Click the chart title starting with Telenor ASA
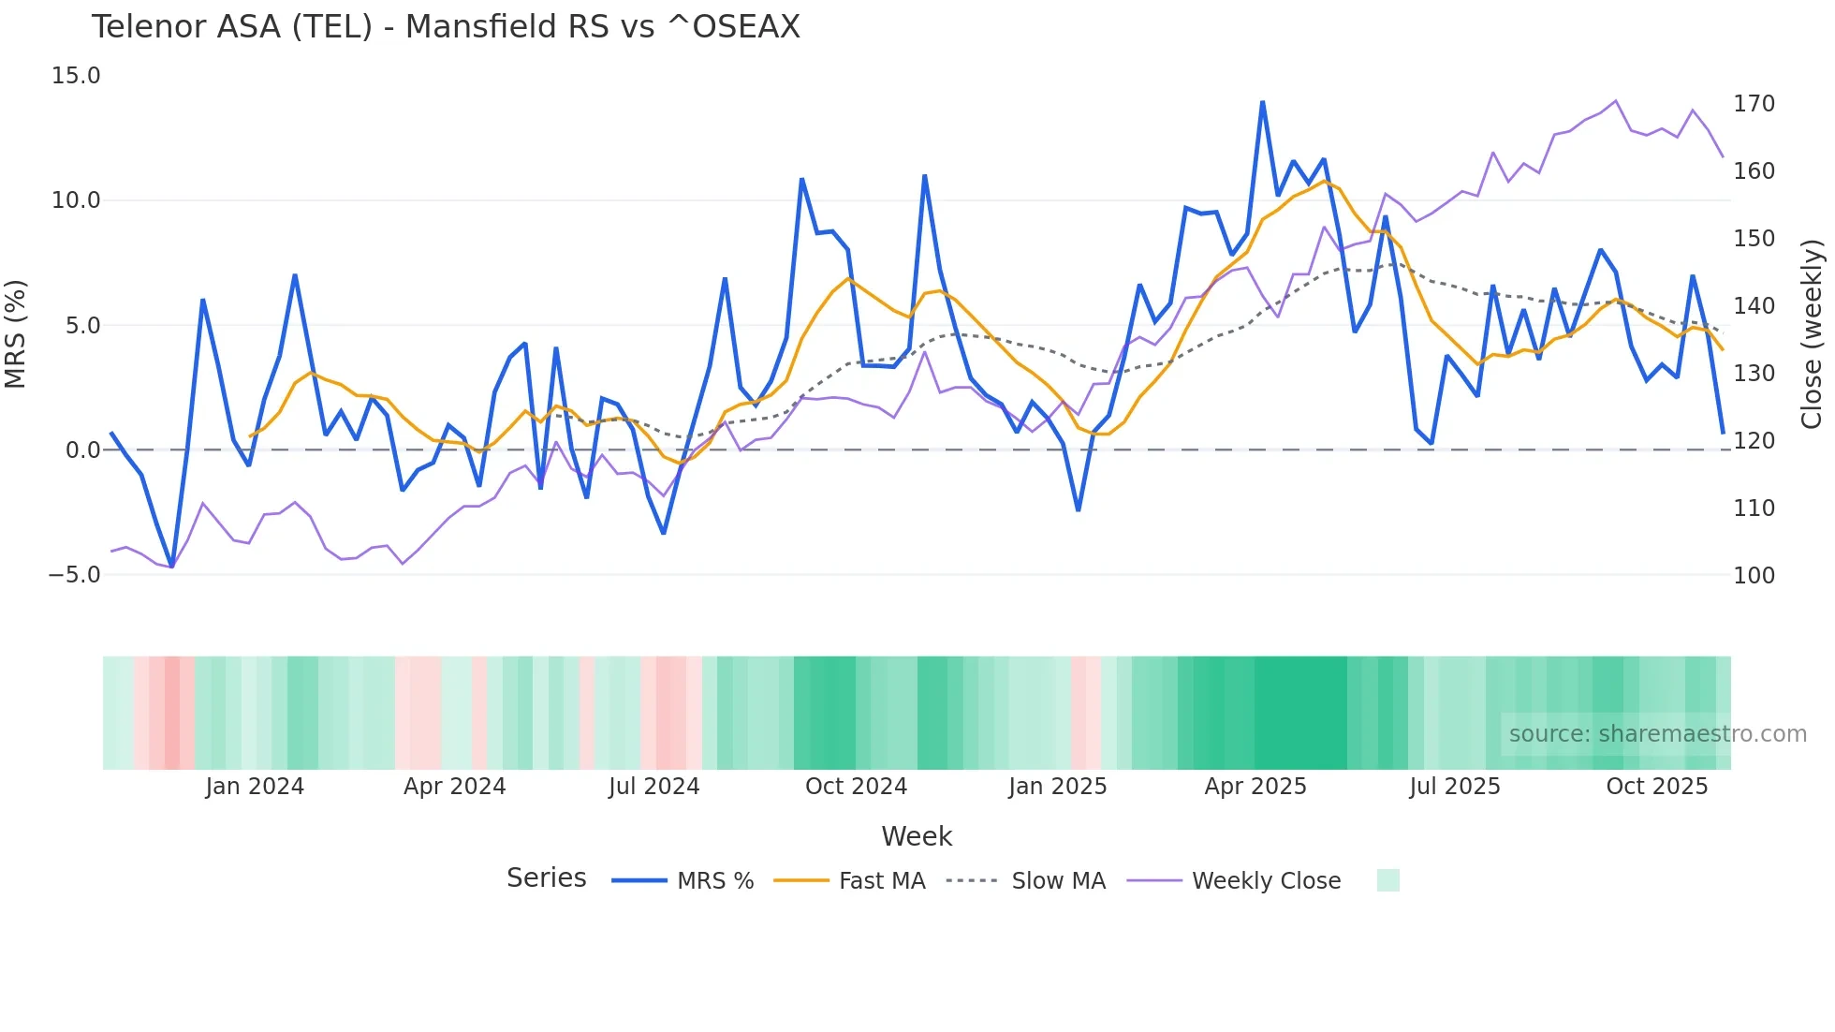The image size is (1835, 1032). [x=446, y=27]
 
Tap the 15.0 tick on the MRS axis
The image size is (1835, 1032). [x=76, y=76]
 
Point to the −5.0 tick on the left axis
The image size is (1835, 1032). [x=74, y=575]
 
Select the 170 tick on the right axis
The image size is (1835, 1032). [x=1754, y=104]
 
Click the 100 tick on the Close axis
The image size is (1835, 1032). [x=1754, y=576]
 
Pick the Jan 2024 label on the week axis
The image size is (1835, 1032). [x=255, y=787]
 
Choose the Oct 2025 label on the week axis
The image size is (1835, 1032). [x=1656, y=787]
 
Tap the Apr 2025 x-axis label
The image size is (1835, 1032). [x=1255, y=787]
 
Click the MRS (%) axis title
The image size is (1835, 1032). [x=16, y=334]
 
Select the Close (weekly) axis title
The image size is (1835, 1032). [x=1812, y=334]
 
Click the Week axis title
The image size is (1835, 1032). [x=917, y=836]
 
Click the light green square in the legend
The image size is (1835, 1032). [x=1387, y=880]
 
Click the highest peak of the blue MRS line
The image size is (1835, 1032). [x=1262, y=102]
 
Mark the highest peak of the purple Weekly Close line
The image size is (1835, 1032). [x=1616, y=101]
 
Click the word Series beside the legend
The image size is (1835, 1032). [x=546, y=878]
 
